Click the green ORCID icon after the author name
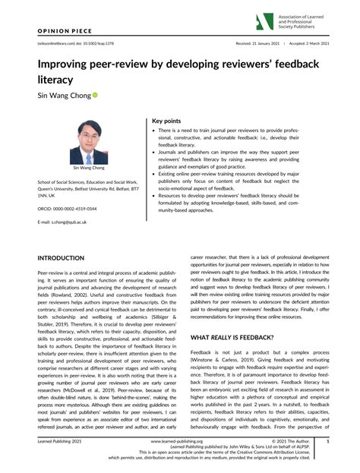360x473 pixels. click(96, 97)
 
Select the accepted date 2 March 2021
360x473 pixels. click(313, 45)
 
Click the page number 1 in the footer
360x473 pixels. click(327, 440)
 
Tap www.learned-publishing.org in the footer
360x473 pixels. click(179, 440)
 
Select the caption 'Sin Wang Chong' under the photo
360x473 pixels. click(90, 167)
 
